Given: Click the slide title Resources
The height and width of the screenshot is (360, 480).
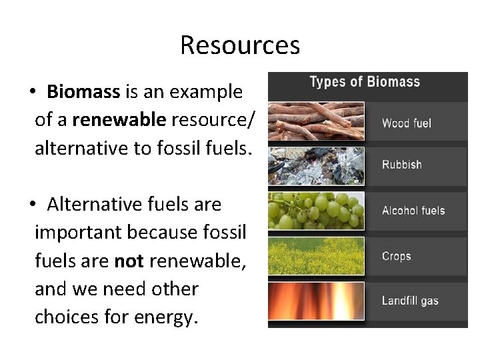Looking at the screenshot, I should (240, 45).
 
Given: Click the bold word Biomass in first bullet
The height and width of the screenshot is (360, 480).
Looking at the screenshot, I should (83, 92).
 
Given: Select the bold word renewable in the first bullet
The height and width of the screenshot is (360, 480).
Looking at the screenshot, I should (119, 120).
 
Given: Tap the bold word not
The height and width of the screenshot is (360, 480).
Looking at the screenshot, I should (129, 261).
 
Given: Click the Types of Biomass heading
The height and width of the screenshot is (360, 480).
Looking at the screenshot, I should (365, 83).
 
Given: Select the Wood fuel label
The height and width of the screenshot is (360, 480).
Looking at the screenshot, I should (406, 123).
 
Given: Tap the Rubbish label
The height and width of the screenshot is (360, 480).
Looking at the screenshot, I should (401, 165).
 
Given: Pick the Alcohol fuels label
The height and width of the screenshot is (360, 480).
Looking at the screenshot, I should (413, 211).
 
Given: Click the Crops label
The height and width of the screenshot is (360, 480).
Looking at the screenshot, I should (396, 257).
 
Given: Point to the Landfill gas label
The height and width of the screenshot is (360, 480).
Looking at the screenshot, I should (409, 301).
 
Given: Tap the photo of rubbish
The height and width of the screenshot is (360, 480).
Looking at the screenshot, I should (316, 165).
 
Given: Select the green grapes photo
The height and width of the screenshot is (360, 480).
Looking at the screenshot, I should (316, 211).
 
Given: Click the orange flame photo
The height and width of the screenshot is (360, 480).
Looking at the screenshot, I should (316, 301).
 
